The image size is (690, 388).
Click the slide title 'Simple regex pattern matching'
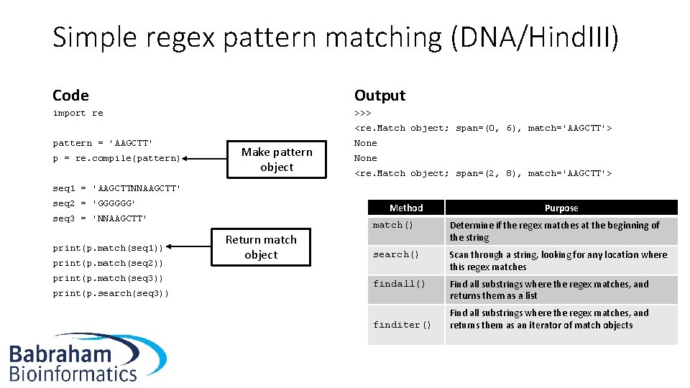pyautogui.click(x=335, y=37)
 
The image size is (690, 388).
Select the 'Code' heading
pyautogui.click(x=70, y=96)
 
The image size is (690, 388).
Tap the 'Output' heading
pyautogui.click(x=379, y=96)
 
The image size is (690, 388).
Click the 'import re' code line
pyautogui.click(x=78, y=113)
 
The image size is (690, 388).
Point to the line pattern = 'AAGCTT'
pyautogui.click(x=102, y=143)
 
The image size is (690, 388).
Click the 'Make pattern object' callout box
pyautogui.click(x=277, y=160)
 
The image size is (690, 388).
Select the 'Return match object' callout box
pyautogui.click(x=261, y=247)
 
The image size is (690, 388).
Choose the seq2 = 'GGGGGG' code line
pyautogui.click(x=93, y=203)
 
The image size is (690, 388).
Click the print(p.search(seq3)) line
pyautogui.click(x=111, y=293)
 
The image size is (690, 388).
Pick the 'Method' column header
pyautogui.click(x=406, y=208)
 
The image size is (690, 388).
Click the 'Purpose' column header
pyautogui.click(x=561, y=208)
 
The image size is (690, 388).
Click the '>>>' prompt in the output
pyautogui.click(x=362, y=113)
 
